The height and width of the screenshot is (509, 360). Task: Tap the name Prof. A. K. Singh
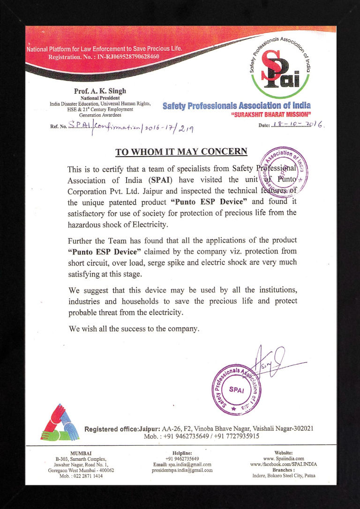100,91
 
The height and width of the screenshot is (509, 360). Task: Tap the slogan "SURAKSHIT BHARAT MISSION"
271,114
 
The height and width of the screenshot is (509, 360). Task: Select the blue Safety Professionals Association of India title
236,105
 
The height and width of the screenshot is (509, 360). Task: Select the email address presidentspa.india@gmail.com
182,470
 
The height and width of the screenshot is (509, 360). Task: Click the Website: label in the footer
284,453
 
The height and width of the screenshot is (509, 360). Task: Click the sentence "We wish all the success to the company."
134,329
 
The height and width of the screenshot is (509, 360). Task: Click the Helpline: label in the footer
182,453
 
